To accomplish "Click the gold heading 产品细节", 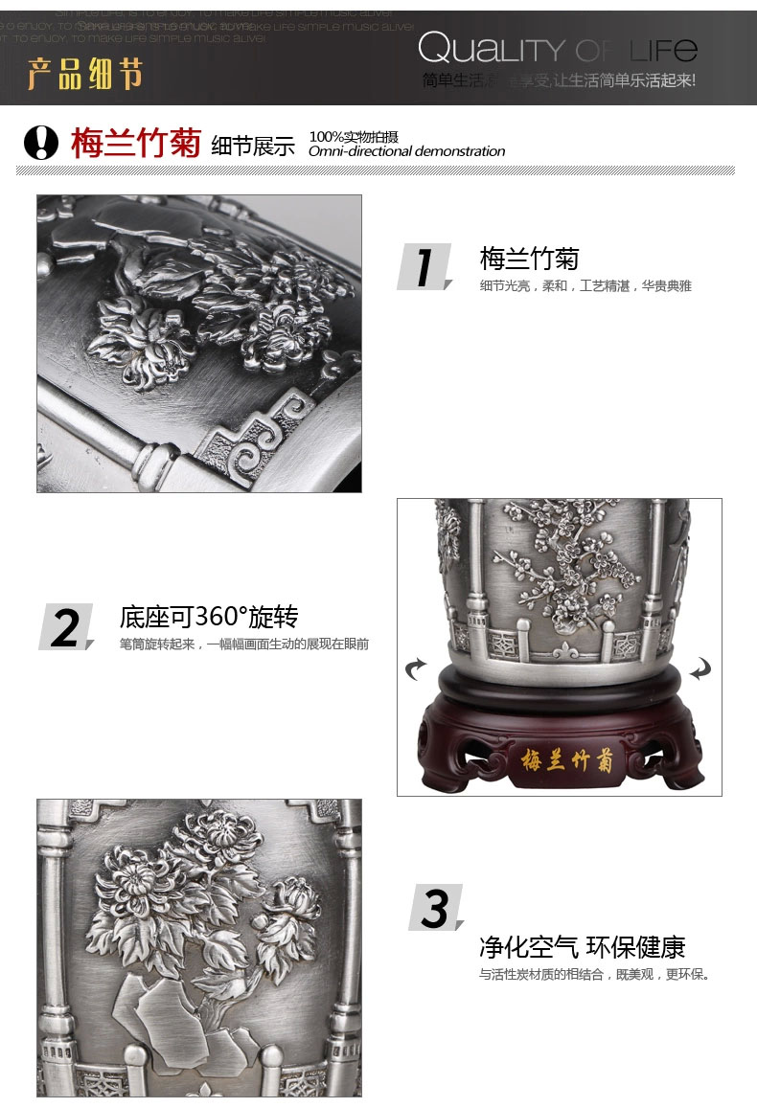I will tap(85, 73).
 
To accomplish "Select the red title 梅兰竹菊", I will tap(135, 143).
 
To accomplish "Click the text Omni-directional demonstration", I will tap(406, 151).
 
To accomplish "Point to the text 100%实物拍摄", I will tap(353, 136).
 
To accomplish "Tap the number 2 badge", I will tap(65, 628).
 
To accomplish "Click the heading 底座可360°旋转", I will tap(208, 616).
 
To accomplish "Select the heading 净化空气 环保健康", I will tap(583, 947).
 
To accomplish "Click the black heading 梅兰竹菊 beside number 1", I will tap(529, 259).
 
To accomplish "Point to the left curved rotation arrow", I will tap(417, 668).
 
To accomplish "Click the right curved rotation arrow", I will tap(700, 667).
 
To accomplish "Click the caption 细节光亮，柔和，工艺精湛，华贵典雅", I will tap(585, 286).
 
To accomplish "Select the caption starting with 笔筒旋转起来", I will tap(243, 644).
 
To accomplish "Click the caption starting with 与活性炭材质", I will tap(594, 975).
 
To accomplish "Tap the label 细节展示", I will tap(253, 146).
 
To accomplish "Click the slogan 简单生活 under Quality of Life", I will tap(559, 80).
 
